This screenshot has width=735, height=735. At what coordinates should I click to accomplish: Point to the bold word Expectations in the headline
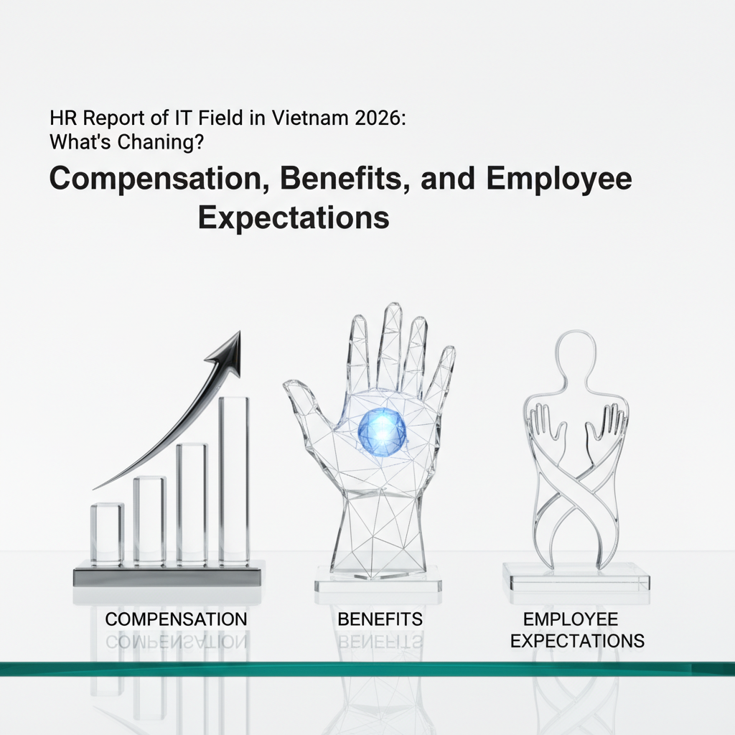pyautogui.click(x=294, y=218)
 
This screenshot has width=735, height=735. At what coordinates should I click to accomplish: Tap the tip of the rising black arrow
pyautogui.click(x=240, y=331)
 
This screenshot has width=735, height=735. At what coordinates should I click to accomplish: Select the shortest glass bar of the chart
pyautogui.click(x=108, y=533)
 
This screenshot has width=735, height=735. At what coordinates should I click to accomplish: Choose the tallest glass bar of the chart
pyautogui.click(x=234, y=479)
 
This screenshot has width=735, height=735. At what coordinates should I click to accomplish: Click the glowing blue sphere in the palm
pyautogui.click(x=382, y=431)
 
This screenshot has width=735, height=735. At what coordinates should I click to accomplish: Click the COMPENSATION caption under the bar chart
pyautogui.click(x=176, y=619)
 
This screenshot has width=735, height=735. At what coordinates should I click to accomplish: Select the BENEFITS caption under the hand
pyautogui.click(x=380, y=619)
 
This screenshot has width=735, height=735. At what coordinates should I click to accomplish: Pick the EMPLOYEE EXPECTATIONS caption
pyautogui.click(x=577, y=630)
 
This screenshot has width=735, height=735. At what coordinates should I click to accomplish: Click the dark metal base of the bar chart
pyautogui.click(x=168, y=576)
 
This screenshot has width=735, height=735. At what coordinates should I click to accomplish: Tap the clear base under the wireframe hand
pyautogui.click(x=378, y=581)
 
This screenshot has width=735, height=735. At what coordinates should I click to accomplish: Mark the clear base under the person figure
pyautogui.click(x=576, y=579)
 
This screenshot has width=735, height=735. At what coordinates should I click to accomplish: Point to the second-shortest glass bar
pyautogui.click(x=149, y=520)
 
